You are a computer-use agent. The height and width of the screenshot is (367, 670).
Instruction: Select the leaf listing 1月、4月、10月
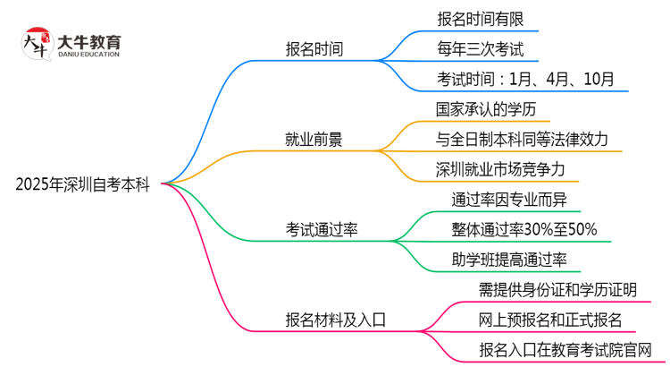(525, 79)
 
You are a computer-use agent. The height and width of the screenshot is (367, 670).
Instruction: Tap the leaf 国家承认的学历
(486, 109)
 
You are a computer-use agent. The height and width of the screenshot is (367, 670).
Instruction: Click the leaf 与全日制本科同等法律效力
(522, 139)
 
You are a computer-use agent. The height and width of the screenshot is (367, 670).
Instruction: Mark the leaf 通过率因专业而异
(506, 200)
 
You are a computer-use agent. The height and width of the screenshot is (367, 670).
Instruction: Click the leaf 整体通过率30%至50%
(524, 229)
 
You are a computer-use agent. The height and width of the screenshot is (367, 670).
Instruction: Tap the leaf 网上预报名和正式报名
(550, 320)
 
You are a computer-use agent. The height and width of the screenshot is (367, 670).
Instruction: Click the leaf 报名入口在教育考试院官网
(564, 349)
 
